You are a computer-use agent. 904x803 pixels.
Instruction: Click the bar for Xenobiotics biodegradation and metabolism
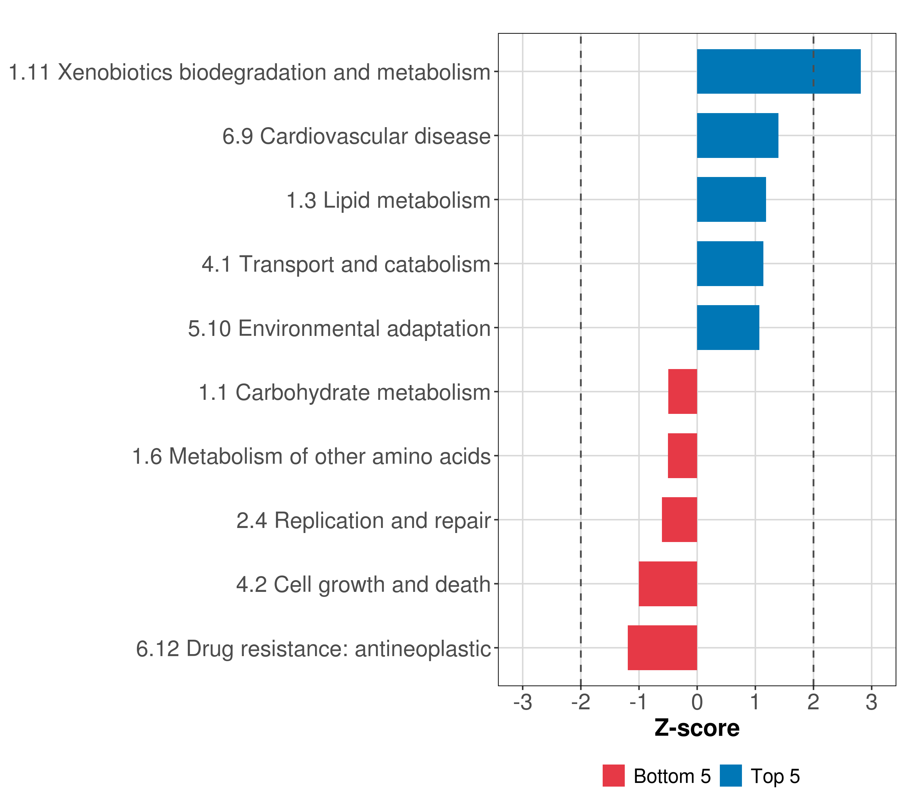778,72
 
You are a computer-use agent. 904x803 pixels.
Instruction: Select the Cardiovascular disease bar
737,136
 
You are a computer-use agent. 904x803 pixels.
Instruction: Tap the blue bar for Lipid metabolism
731,200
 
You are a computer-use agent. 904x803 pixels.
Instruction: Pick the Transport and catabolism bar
730,264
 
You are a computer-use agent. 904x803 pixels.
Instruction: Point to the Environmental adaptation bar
728,328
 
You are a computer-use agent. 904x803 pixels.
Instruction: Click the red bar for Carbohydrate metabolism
682,391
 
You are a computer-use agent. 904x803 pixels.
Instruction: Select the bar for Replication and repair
679,520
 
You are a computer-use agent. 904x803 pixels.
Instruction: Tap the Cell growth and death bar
668,584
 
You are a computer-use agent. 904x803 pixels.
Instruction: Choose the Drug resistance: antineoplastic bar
662,648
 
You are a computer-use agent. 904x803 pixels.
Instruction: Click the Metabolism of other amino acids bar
682,456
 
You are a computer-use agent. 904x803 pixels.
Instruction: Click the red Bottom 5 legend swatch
613,776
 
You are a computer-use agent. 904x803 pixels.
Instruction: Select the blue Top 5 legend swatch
731,776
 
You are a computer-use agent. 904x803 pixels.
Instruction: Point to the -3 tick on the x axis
522,703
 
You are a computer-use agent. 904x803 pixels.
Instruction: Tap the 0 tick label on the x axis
697,703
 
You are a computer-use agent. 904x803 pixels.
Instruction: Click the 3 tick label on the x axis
871,703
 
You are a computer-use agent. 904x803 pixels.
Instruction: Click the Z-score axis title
697,728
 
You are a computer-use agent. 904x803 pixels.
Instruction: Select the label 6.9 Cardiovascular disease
356,136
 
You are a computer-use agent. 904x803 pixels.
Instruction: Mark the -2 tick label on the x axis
580,703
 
